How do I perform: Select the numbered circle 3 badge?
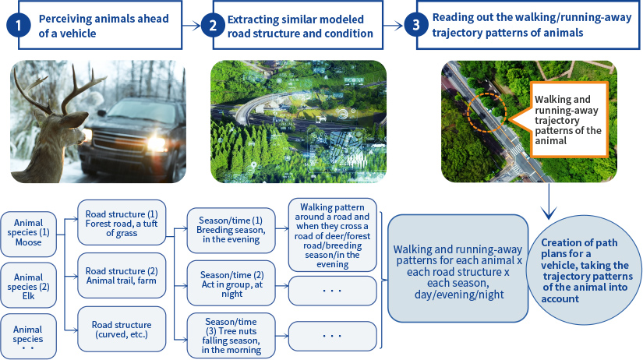416,26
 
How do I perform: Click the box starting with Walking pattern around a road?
332,235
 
